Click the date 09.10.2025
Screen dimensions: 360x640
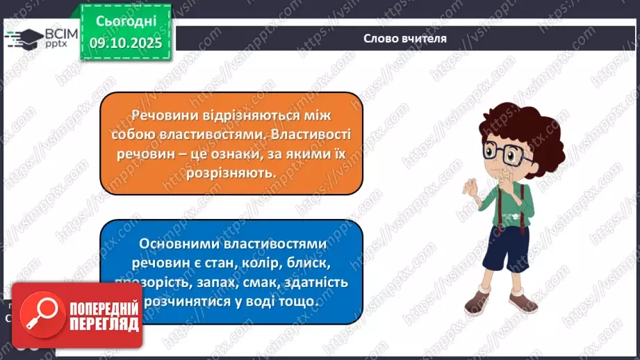tap(125, 43)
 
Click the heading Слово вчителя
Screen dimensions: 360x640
tap(404, 38)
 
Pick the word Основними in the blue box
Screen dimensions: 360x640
tap(176, 244)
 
